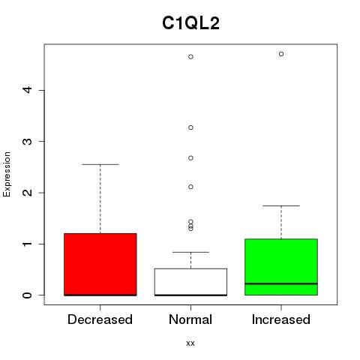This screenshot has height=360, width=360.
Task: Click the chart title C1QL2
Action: (190, 23)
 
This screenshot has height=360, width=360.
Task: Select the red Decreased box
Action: (100, 265)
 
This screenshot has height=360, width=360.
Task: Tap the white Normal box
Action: (190, 282)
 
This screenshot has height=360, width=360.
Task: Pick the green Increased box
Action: (281, 267)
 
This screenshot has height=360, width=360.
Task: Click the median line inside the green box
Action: (281, 283)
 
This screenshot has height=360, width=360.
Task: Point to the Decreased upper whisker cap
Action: (100, 164)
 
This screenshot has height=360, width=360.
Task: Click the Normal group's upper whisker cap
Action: (190, 252)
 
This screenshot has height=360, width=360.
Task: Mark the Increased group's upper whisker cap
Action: (281, 205)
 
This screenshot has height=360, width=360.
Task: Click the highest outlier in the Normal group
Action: (190, 57)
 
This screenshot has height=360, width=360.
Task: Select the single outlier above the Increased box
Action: (281, 54)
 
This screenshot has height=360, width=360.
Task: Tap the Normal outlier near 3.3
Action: (190, 127)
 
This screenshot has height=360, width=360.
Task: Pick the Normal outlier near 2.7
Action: (190, 158)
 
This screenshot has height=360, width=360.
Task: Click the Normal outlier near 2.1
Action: (190, 187)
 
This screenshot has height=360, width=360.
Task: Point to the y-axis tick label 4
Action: (28, 90)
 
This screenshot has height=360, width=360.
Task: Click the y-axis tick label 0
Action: (28, 295)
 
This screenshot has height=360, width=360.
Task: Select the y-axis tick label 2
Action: (28, 193)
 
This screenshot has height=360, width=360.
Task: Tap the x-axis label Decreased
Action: (100, 319)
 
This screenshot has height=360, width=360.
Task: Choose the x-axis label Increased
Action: (281, 319)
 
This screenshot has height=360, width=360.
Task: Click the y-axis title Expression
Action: (7, 174)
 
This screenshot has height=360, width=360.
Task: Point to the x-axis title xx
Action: (190, 343)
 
